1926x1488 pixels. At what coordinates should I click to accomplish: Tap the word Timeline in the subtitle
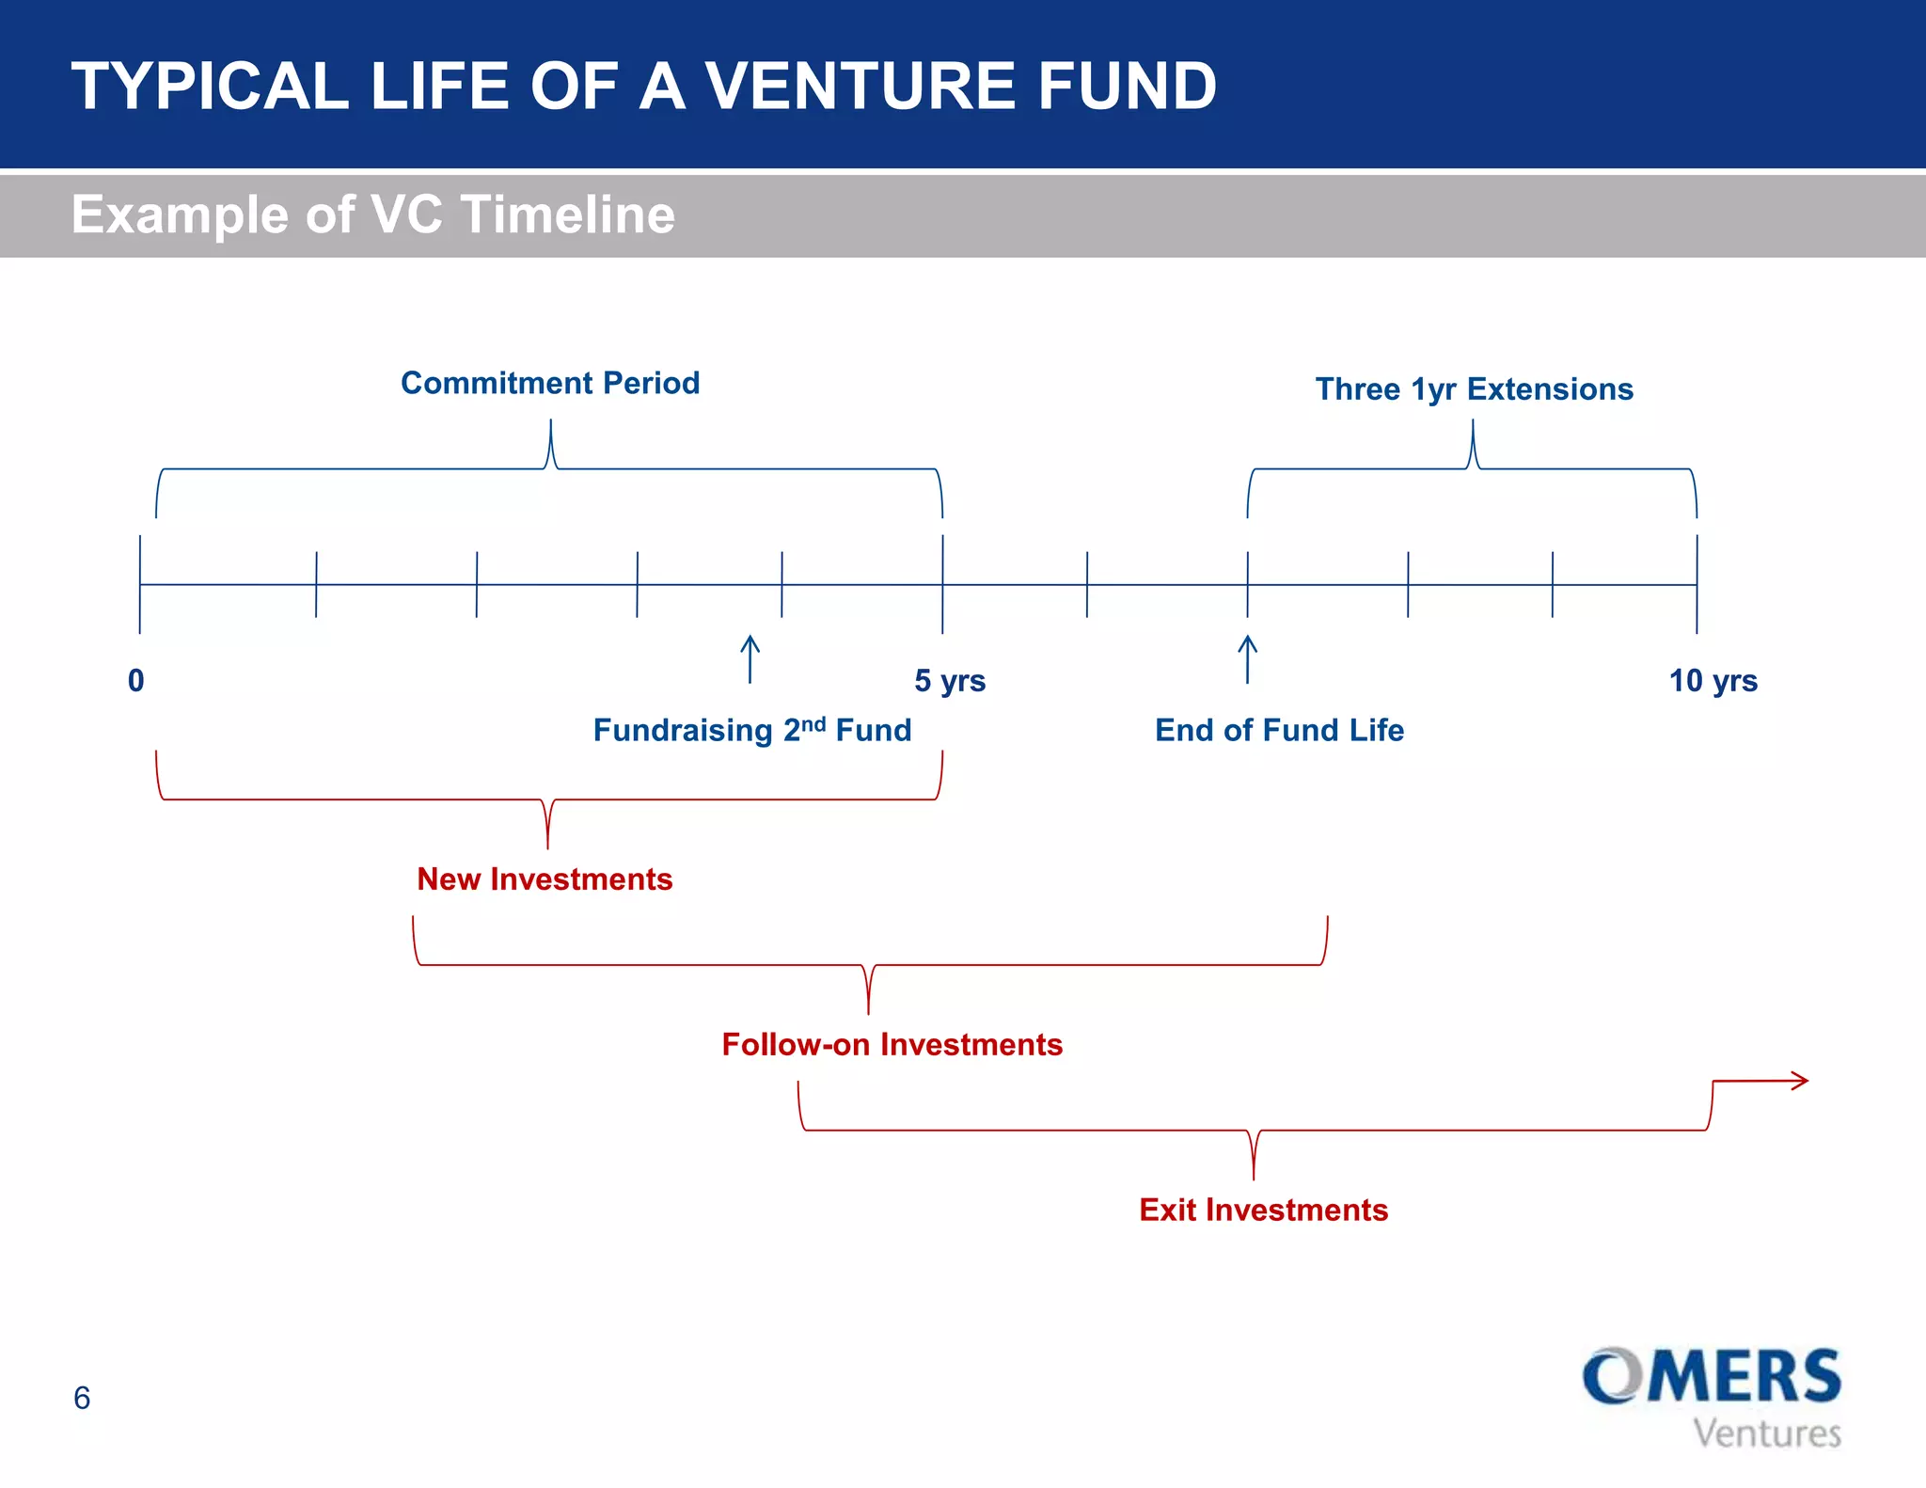pyautogui.click(x=567, y=214)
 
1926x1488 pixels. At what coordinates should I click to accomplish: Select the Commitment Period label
pyautogui.click(x=550, y=384)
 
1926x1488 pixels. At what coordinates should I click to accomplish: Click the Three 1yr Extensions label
pyautogui.click(x=1474, y=389)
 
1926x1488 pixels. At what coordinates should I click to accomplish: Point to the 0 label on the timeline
pyautogui.click(x=136, y=681)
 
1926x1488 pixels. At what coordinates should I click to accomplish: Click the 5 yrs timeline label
pyautogui.click(x=950, y=681)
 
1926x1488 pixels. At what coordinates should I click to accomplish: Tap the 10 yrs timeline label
pyautogui.click(x=1713, y=681)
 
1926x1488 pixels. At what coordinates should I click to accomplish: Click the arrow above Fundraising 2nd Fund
pyautogui.click(x=750, y=658)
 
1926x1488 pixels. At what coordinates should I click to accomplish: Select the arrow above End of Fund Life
pyautogui.click(x=1247, y=658)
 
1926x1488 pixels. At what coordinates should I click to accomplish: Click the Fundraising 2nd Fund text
pyautogui.click(x=752, y=731)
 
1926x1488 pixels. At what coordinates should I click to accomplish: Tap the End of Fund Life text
pyautogui.click(x=1279, y=731)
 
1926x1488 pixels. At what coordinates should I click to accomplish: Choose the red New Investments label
pyautogui.click(x=545, y=879)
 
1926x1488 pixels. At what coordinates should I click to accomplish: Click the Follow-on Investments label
pyautogui.click(x=892, y=1045)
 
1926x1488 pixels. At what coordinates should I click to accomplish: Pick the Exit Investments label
pyautogui.click(x=1263, y=1211)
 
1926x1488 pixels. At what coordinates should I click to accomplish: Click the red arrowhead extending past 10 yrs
pyautogui.click(x=1799, y=1081)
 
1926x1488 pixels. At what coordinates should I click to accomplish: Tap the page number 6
pyautogui.click(x=82, y=1399)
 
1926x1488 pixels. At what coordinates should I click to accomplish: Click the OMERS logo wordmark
pyautogui.click(x=1711, y=1377)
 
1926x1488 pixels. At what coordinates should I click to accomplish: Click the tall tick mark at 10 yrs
pyautogui.click(x=1697, y=583)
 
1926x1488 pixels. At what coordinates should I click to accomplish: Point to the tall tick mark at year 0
pyautogui.click(x=140, y=583)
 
